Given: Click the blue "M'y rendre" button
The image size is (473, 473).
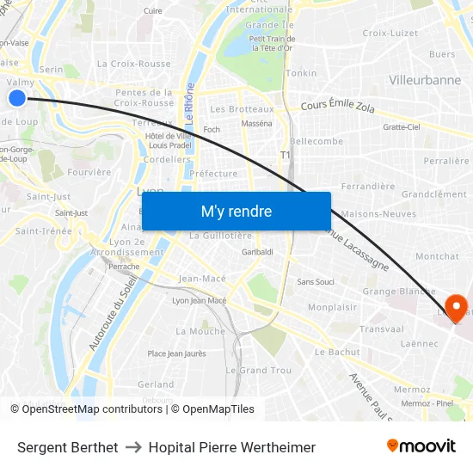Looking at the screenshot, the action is (x=236, y=212).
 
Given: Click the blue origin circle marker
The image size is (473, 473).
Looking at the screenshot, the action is (x=17, y=97).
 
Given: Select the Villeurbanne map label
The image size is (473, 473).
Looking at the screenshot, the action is (x=425, y=80).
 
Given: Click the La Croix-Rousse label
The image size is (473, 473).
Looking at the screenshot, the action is (x=133, y=64).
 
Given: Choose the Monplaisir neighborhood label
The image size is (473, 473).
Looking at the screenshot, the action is (x=333, y=307).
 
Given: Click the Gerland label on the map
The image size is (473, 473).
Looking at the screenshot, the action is (x=156, y=384).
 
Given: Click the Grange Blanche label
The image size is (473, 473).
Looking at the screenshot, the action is (x=398, y=292).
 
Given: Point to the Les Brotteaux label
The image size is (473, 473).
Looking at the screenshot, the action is (x=242, y=109).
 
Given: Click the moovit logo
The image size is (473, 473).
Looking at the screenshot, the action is (x=421, y=445).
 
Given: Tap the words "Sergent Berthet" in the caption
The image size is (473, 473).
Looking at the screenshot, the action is (x=67, y=447).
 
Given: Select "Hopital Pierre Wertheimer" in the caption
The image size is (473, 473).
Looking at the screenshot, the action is (x=231, y=447).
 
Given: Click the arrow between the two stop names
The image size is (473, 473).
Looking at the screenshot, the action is (x=132, y=447).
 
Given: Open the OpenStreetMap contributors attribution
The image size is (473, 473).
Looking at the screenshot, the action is (x=87, y=409).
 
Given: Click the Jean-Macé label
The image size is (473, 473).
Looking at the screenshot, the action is (x=202, y=279).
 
